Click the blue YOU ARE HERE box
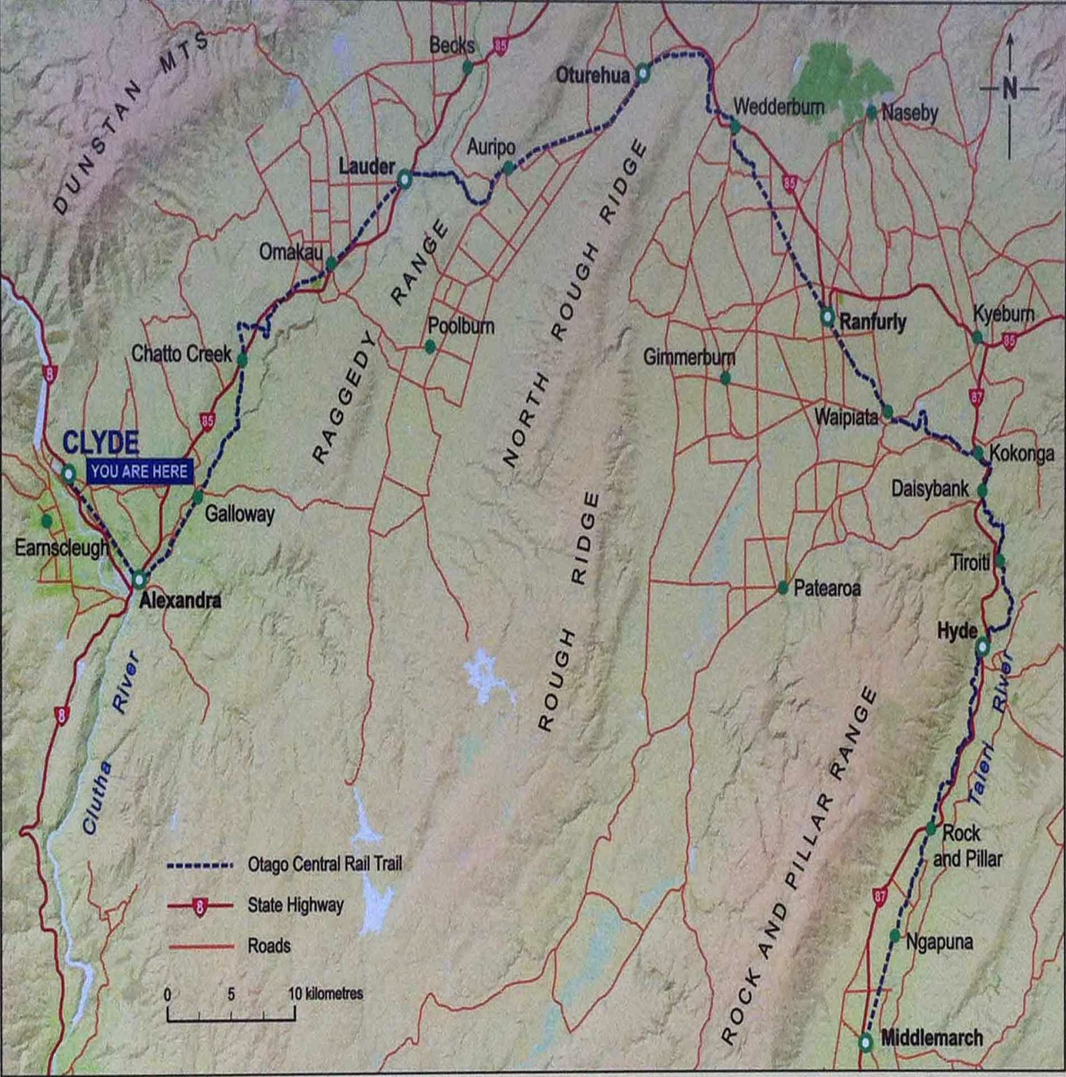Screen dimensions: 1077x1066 point(139,471)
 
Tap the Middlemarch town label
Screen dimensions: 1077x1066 point(931,1038)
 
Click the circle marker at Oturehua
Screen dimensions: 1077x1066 point(643,73)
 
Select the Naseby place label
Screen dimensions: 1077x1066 point(909,112)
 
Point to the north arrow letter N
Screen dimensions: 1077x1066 point(1009,88)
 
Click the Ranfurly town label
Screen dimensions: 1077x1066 point(872,322)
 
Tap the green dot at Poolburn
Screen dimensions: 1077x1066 point(430,347)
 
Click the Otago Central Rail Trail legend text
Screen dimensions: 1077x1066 point(324,864)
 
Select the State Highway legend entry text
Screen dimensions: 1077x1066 point(295,905)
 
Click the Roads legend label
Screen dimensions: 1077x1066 point(269,946)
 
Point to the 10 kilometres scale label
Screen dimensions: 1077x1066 point(326,993)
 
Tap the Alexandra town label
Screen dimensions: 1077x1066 point(180,600)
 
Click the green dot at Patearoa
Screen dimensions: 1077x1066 point(783,588)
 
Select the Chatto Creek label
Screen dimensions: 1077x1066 point(181,353)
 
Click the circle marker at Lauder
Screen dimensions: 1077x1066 point(404,179)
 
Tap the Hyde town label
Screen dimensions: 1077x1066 point(957,631)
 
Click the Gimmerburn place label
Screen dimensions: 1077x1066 point(689,357)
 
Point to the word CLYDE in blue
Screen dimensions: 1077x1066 point(101,443)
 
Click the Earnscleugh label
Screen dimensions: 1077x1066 point(61,547)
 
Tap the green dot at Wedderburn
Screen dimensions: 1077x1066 point(735,126)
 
